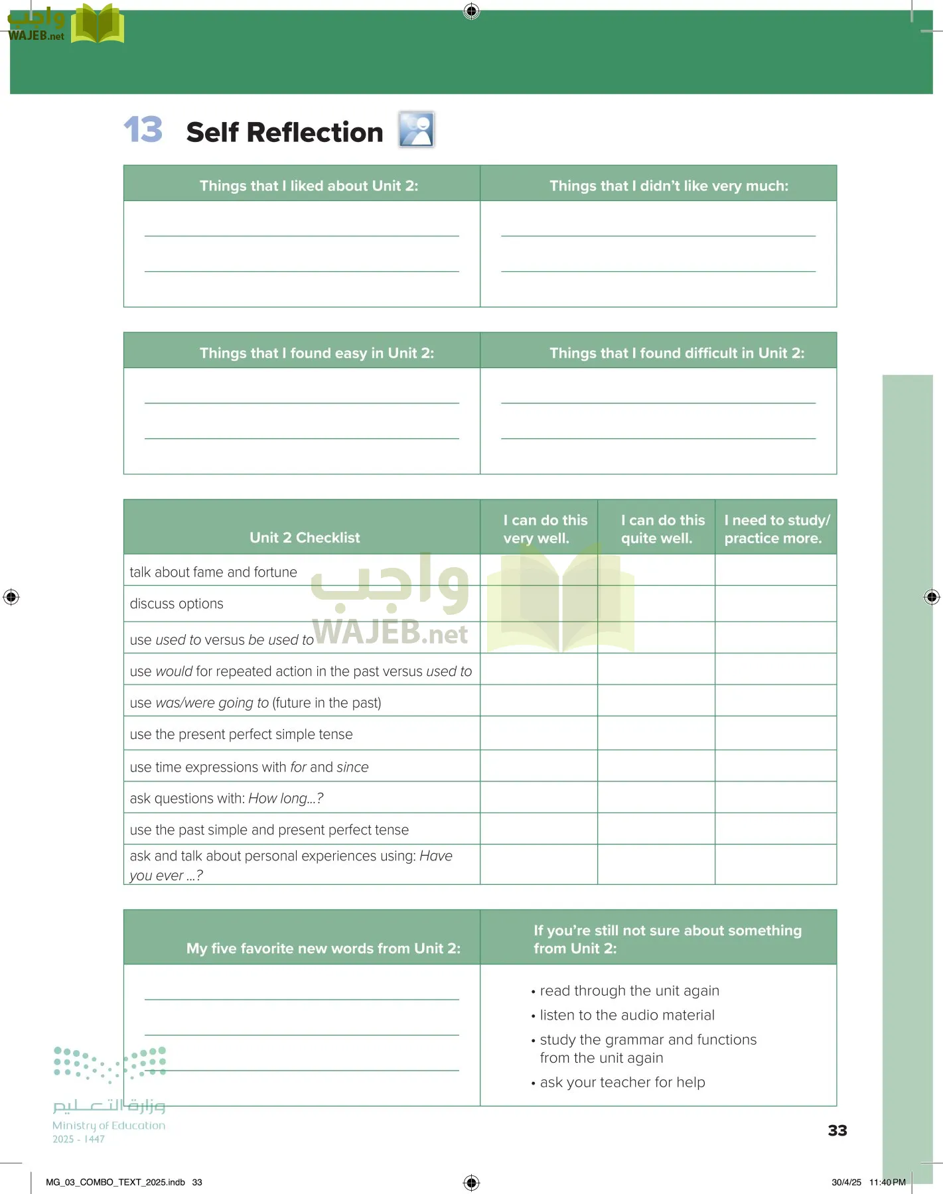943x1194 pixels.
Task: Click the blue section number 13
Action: click(143, 129)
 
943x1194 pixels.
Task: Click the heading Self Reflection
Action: click(284, 132)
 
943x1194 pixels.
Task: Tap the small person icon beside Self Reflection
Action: click(416, 129)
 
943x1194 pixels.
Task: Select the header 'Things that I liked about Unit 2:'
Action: click(309, 186)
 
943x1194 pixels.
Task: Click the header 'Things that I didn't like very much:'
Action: click(668, 186)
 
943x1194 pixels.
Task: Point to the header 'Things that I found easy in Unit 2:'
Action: click(317, 353)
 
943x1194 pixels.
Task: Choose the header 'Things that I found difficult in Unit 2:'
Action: click(676, 353)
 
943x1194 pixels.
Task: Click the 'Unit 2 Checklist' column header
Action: click(305, 537)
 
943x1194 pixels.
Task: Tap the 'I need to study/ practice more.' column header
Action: click(776, 529)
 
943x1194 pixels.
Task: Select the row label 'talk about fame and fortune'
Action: click(213, 572)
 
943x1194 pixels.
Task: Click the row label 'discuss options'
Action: click(177, 604)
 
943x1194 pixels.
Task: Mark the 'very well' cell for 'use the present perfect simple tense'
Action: click(538, 734)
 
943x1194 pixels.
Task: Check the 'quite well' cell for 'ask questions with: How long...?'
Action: click(656, 797)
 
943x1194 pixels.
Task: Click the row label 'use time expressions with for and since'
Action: click(249, 767)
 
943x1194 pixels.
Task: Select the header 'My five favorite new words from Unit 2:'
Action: click(323, 948)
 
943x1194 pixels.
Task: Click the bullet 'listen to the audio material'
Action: click(626, 1015)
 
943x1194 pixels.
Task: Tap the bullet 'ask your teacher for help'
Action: click(622, 1082)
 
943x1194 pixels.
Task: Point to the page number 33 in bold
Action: click(837, 1130)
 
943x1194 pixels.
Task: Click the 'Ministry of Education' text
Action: click(109, 1125)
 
